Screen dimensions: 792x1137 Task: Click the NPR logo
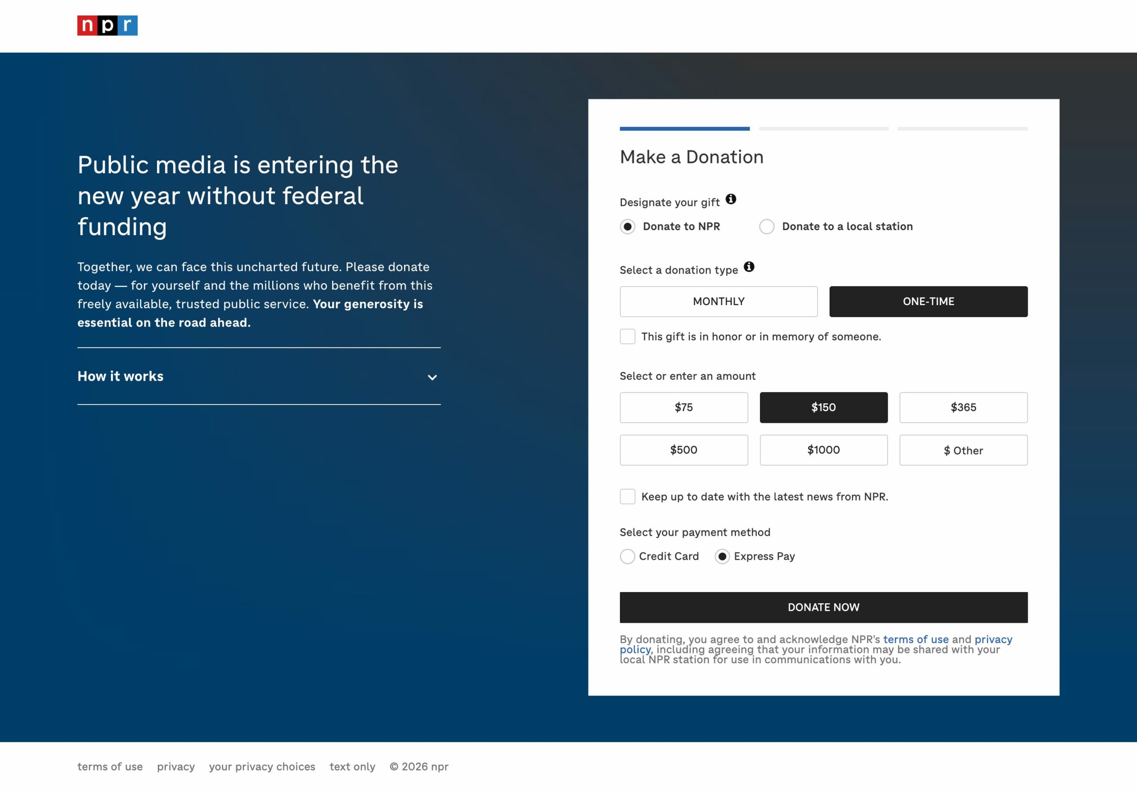pyautogui.click(x=107, y=25)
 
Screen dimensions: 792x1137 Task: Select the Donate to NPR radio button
pyautogui.click(x=628, y=227)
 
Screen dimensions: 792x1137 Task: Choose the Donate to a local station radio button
pyautogui.click(x=767, y=227)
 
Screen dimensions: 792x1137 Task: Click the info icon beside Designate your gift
pyautogui.click(x=731, y=199)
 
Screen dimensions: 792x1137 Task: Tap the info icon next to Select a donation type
pyautogui.click(x=749, y=267)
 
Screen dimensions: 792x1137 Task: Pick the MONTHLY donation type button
pyautogui.click(x=718, y=301)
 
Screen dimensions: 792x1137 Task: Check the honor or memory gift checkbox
pyautogui.click(x=628, y=336)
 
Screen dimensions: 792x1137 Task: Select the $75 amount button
pyautogui.click(x=684, y=407)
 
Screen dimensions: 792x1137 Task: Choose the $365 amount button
pyautogui.click(x=963, y=407)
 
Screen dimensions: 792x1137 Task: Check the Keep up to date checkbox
pyautogui.click(x=628, y=496)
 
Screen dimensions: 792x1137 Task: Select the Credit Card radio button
pyautogui.click(x=628, y=556)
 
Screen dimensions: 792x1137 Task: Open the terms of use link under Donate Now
pyautogui.click(x=916, y=640)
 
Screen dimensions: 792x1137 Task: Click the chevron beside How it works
pyautogui.click(x=432, y=378)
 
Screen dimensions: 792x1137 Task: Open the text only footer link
pyautogui.click(x=352, y=766)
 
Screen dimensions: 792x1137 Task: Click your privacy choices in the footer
pyautogui.click(x=262, y=766)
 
